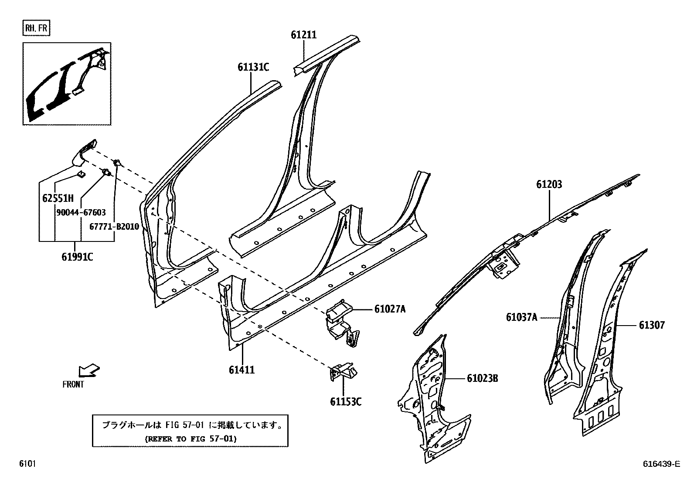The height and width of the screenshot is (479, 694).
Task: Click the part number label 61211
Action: point(303,35)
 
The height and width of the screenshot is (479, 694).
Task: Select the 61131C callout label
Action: point(253,67)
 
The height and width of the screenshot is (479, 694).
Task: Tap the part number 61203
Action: point(549,184)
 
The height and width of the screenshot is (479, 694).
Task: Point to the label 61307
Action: point(652,325)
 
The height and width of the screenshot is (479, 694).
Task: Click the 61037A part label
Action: point(521,317)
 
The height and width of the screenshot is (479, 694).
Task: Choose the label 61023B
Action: point(482,378)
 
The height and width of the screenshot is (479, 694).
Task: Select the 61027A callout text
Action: point(390,309)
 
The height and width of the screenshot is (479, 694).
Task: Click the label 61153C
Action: point(345,401)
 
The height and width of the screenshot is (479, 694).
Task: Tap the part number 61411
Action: point(242,370)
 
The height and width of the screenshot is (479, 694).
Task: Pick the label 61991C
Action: point(77,257)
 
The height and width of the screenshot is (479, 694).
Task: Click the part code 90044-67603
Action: point(81,212)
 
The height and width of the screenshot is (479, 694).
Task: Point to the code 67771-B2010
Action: point(114,227)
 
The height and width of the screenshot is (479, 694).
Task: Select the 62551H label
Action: point(58,198)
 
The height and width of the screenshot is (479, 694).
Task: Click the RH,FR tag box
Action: point(37,29)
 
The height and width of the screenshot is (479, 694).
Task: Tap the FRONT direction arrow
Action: point(88,370)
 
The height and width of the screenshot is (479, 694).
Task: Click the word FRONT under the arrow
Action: point(73,384)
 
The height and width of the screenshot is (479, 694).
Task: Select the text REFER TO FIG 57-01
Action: point(190,438)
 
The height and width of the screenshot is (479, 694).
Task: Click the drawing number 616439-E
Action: point(661,464)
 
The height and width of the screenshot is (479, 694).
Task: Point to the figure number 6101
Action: point(27,464)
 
